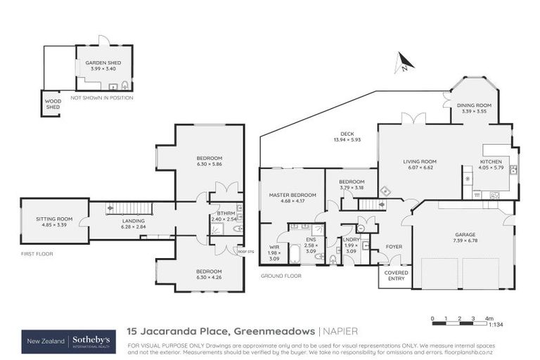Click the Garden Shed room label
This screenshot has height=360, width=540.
click(103, 63)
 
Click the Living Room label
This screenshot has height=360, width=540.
click(420, 162)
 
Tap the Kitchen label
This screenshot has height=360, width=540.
click(491, 162)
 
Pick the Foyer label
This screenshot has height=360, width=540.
click(394, 247)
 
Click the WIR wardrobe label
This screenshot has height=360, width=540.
click(274, 247)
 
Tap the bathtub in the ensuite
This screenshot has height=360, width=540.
click(295, 255)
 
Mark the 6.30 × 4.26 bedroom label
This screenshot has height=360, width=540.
click(210, 272)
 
